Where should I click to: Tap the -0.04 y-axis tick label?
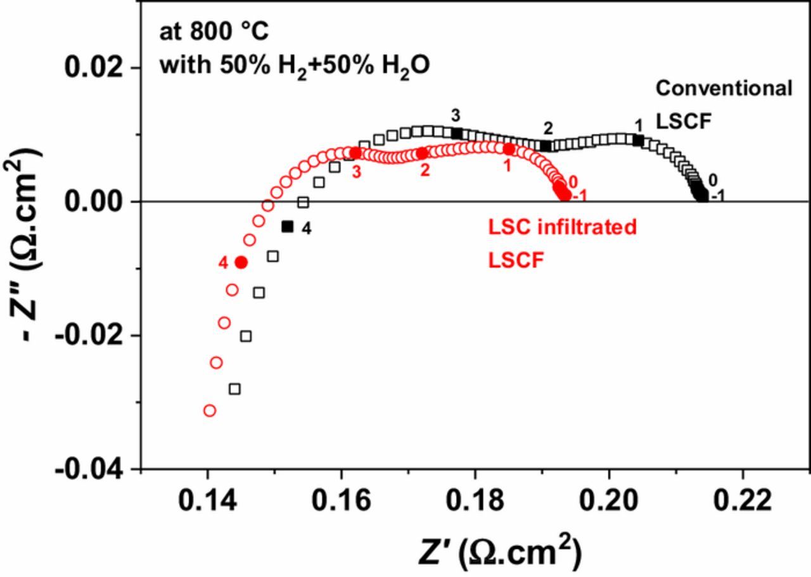click(88, 471)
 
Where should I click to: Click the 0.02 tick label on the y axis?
click(93, 68)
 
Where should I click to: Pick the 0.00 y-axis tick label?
click(93, 201)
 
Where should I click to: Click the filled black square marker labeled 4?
click(288, 227)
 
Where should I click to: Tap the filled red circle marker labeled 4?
click(241, 262)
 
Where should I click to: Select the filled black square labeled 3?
click(457, 134)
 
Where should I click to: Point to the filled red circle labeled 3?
click(355, 153)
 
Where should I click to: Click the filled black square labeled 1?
click(638, 141)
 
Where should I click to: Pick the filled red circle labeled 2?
click(422, 154)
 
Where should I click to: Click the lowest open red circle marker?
click(210, 410)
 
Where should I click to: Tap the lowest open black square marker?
click(234, 389)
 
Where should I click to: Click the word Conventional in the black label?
click(724, 88)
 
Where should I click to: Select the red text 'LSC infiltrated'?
click(562, 227)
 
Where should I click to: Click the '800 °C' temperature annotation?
click(229, 31)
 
